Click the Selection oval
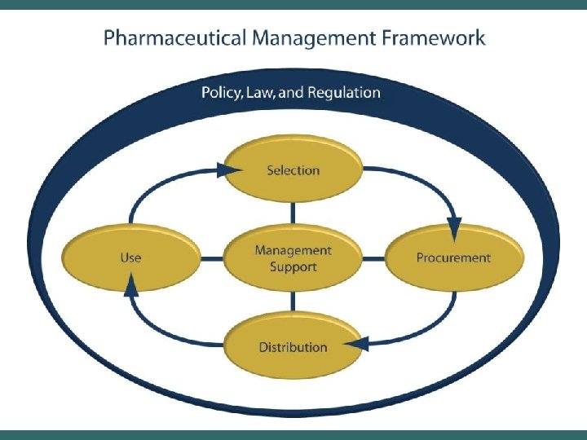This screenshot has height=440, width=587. click(293, 169)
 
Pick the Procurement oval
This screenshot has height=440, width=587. click(453, 257)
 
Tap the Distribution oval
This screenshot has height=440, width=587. click(293, 347)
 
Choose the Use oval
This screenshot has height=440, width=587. click(130, 257)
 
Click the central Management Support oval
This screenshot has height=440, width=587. click(293, 257)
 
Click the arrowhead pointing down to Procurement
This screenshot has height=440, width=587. click(454, 223)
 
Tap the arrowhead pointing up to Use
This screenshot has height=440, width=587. click(130, 285)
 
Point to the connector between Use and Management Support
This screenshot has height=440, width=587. click(213, 258)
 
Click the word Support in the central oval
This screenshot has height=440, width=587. click(293, 266)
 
